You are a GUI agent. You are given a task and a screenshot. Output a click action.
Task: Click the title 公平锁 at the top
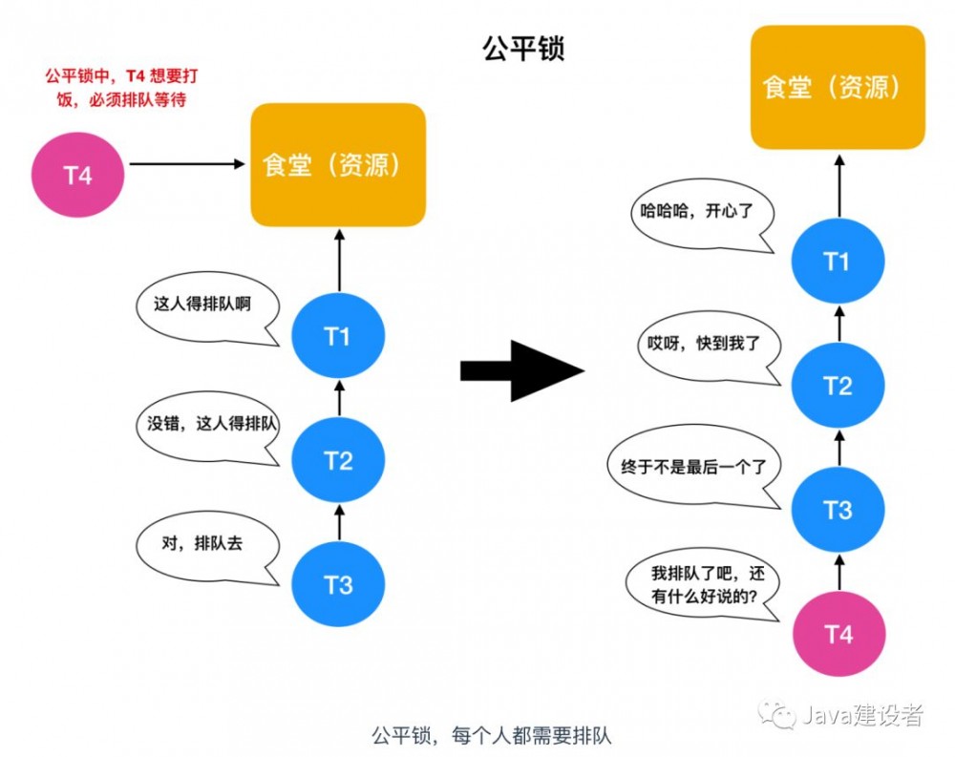coord(523,49)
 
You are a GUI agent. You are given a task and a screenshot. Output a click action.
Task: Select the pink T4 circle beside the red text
coord(78,176)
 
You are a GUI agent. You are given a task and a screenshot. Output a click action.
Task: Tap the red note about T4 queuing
coord(121,87)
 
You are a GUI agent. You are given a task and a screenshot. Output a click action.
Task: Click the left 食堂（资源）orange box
coord(337,165)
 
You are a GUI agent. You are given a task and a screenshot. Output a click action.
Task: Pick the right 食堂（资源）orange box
coord(838,88)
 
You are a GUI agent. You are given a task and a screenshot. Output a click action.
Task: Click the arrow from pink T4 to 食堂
coord(187,164)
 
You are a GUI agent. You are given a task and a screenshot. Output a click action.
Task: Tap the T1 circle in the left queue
coord(338,337)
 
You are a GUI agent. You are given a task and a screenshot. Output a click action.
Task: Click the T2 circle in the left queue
coord(338,461)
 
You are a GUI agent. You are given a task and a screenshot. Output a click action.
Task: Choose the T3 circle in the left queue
coord(338,584)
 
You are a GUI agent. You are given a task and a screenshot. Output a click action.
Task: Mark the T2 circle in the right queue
coord(838,386)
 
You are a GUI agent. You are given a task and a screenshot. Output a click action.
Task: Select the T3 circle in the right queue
coord(838,510)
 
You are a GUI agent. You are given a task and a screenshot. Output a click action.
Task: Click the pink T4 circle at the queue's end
coord(838,634)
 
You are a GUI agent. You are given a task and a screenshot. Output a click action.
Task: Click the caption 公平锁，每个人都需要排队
coord(491,735)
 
